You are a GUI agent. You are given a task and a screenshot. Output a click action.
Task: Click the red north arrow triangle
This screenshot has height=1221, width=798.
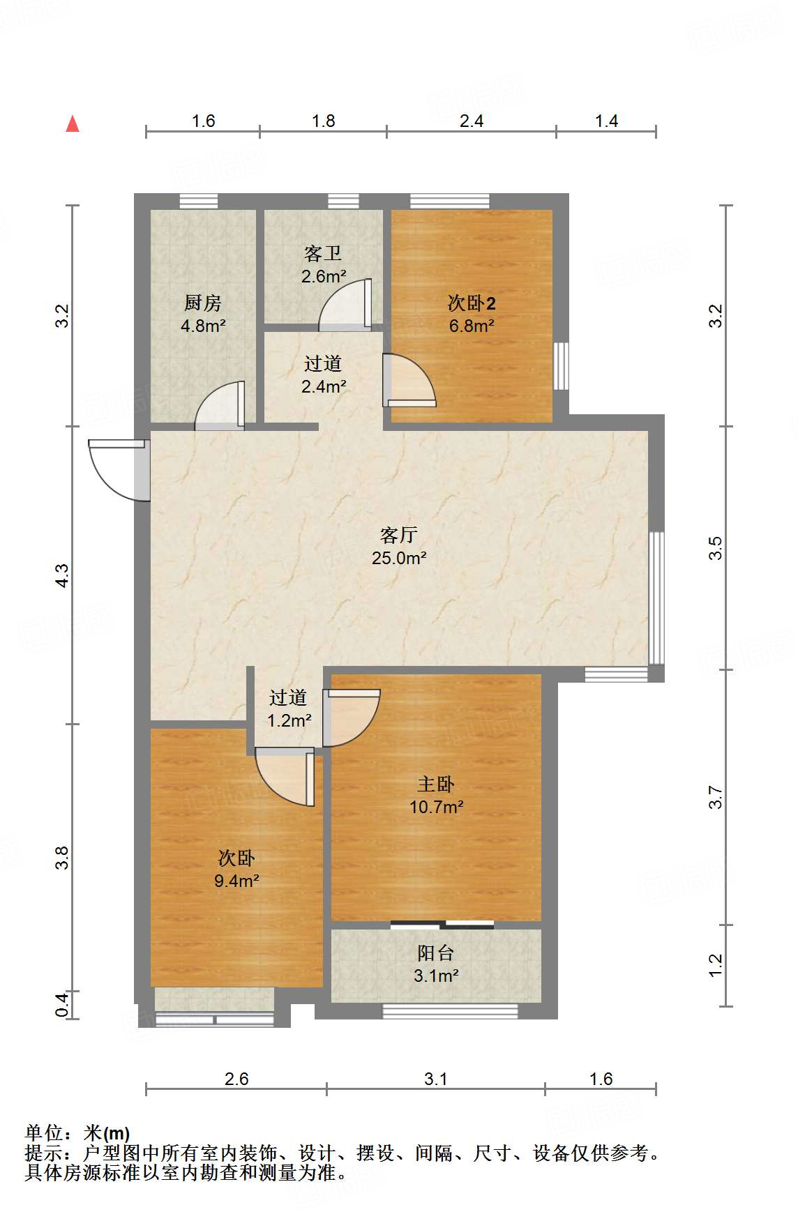coord(73,123)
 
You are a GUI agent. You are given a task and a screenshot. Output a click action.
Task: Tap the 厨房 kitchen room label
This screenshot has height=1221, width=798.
coord(203,313)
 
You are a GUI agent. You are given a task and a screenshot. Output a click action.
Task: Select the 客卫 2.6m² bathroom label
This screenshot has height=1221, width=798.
coord(323,264)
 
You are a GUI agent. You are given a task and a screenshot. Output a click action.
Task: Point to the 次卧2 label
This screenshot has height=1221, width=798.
coord(472,313)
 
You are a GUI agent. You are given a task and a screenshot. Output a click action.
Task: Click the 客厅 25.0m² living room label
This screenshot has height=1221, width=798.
coord(399,546)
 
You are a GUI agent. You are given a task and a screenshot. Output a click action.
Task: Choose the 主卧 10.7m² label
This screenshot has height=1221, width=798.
coord(436,796)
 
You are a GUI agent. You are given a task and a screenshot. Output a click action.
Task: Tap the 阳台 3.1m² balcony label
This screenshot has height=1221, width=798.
coord(436,964)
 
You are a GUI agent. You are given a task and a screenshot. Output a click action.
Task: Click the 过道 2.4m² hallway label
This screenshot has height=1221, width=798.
coord(323,374)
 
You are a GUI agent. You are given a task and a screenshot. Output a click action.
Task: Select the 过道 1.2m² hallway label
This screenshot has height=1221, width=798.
coord(289,708)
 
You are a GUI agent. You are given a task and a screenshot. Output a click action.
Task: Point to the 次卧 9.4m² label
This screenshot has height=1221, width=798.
coord(236,869)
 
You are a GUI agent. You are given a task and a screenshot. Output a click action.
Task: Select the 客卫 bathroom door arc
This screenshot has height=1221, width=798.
coord(345,305)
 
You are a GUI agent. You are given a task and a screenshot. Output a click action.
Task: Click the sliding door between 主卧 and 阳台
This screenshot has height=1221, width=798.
coord(442,925)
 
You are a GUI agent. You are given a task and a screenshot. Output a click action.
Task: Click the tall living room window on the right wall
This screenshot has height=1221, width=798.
coord(656,598)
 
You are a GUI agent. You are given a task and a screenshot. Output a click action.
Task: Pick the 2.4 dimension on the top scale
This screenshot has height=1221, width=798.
coord(472,121)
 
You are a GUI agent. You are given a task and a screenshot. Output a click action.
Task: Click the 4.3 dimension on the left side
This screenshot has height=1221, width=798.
coord(63,575)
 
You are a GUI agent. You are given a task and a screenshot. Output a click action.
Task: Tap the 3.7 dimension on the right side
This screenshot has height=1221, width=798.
coord(716,797)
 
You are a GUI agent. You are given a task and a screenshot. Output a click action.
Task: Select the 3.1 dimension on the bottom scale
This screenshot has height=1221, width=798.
coord(436,1079)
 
